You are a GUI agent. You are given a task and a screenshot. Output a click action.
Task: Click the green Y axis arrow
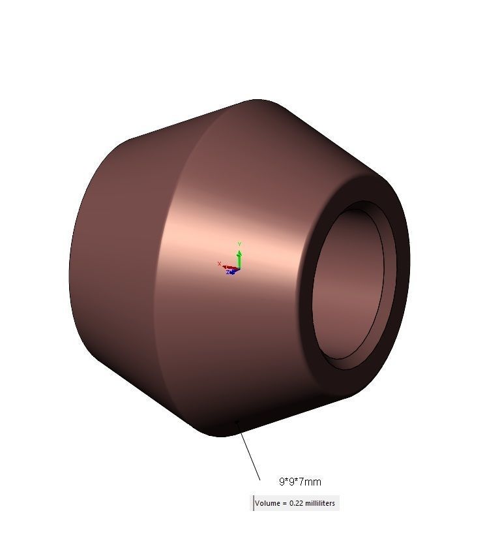click(x=239, y=257)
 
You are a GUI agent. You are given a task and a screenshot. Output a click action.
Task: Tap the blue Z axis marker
click(x=229, y=272)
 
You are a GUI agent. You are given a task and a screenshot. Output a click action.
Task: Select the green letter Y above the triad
click(x=239, y=244)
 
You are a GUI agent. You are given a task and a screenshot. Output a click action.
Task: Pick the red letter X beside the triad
click(x=219, y=264)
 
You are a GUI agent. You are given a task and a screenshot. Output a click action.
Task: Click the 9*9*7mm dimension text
click(x=300, y=482)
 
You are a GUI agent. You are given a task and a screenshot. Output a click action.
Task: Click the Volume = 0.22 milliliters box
click(x=296, y=503)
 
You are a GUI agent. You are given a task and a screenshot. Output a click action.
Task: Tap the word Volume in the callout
click(x=266, y=503)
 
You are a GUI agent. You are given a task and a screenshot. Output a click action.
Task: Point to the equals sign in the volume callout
click(x=284, y=503)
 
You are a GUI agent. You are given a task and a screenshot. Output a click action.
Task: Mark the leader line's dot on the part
click(x=237, y=422)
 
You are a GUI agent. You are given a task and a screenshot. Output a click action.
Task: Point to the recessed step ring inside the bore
click(x=389, y=287)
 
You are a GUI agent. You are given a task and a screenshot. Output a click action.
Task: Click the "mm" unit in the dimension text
click(x=314, y=482)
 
